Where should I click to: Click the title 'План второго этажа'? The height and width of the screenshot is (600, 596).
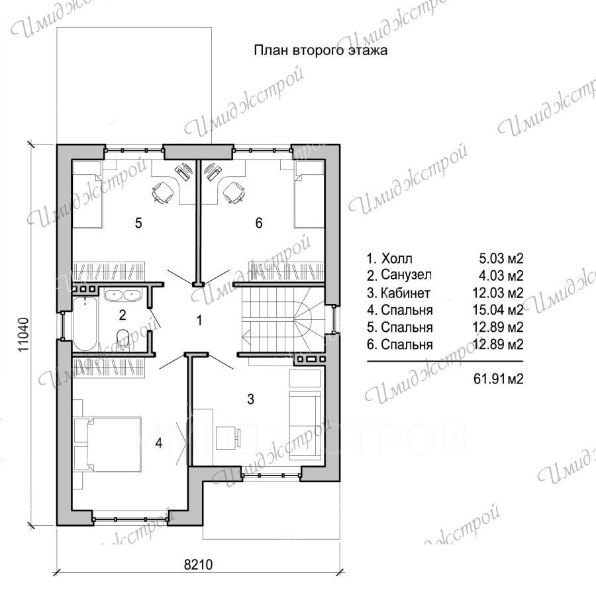pos(321,50)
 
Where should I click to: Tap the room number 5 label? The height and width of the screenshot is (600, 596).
pos(138,223)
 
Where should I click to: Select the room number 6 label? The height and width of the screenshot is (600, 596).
pos(259,223)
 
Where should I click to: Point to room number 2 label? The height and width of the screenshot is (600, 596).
pos(123,315)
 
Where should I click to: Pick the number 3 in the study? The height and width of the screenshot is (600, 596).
pos(250,399)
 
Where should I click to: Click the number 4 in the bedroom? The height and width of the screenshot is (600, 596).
pos(159,443)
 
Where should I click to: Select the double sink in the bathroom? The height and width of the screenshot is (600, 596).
pos(123,295)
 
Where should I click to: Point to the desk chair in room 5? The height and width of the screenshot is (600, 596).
pos(163,191)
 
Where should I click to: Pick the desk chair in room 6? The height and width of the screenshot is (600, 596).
pos(233,191)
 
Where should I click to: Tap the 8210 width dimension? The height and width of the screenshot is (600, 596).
pos(198,564)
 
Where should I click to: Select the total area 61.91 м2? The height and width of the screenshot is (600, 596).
pos(498,379)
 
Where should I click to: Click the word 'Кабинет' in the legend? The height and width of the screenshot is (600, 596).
pos(405,293)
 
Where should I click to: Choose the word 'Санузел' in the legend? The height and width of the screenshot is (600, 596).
pos(406,275)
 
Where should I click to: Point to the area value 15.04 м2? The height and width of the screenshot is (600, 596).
pos(498,310)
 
